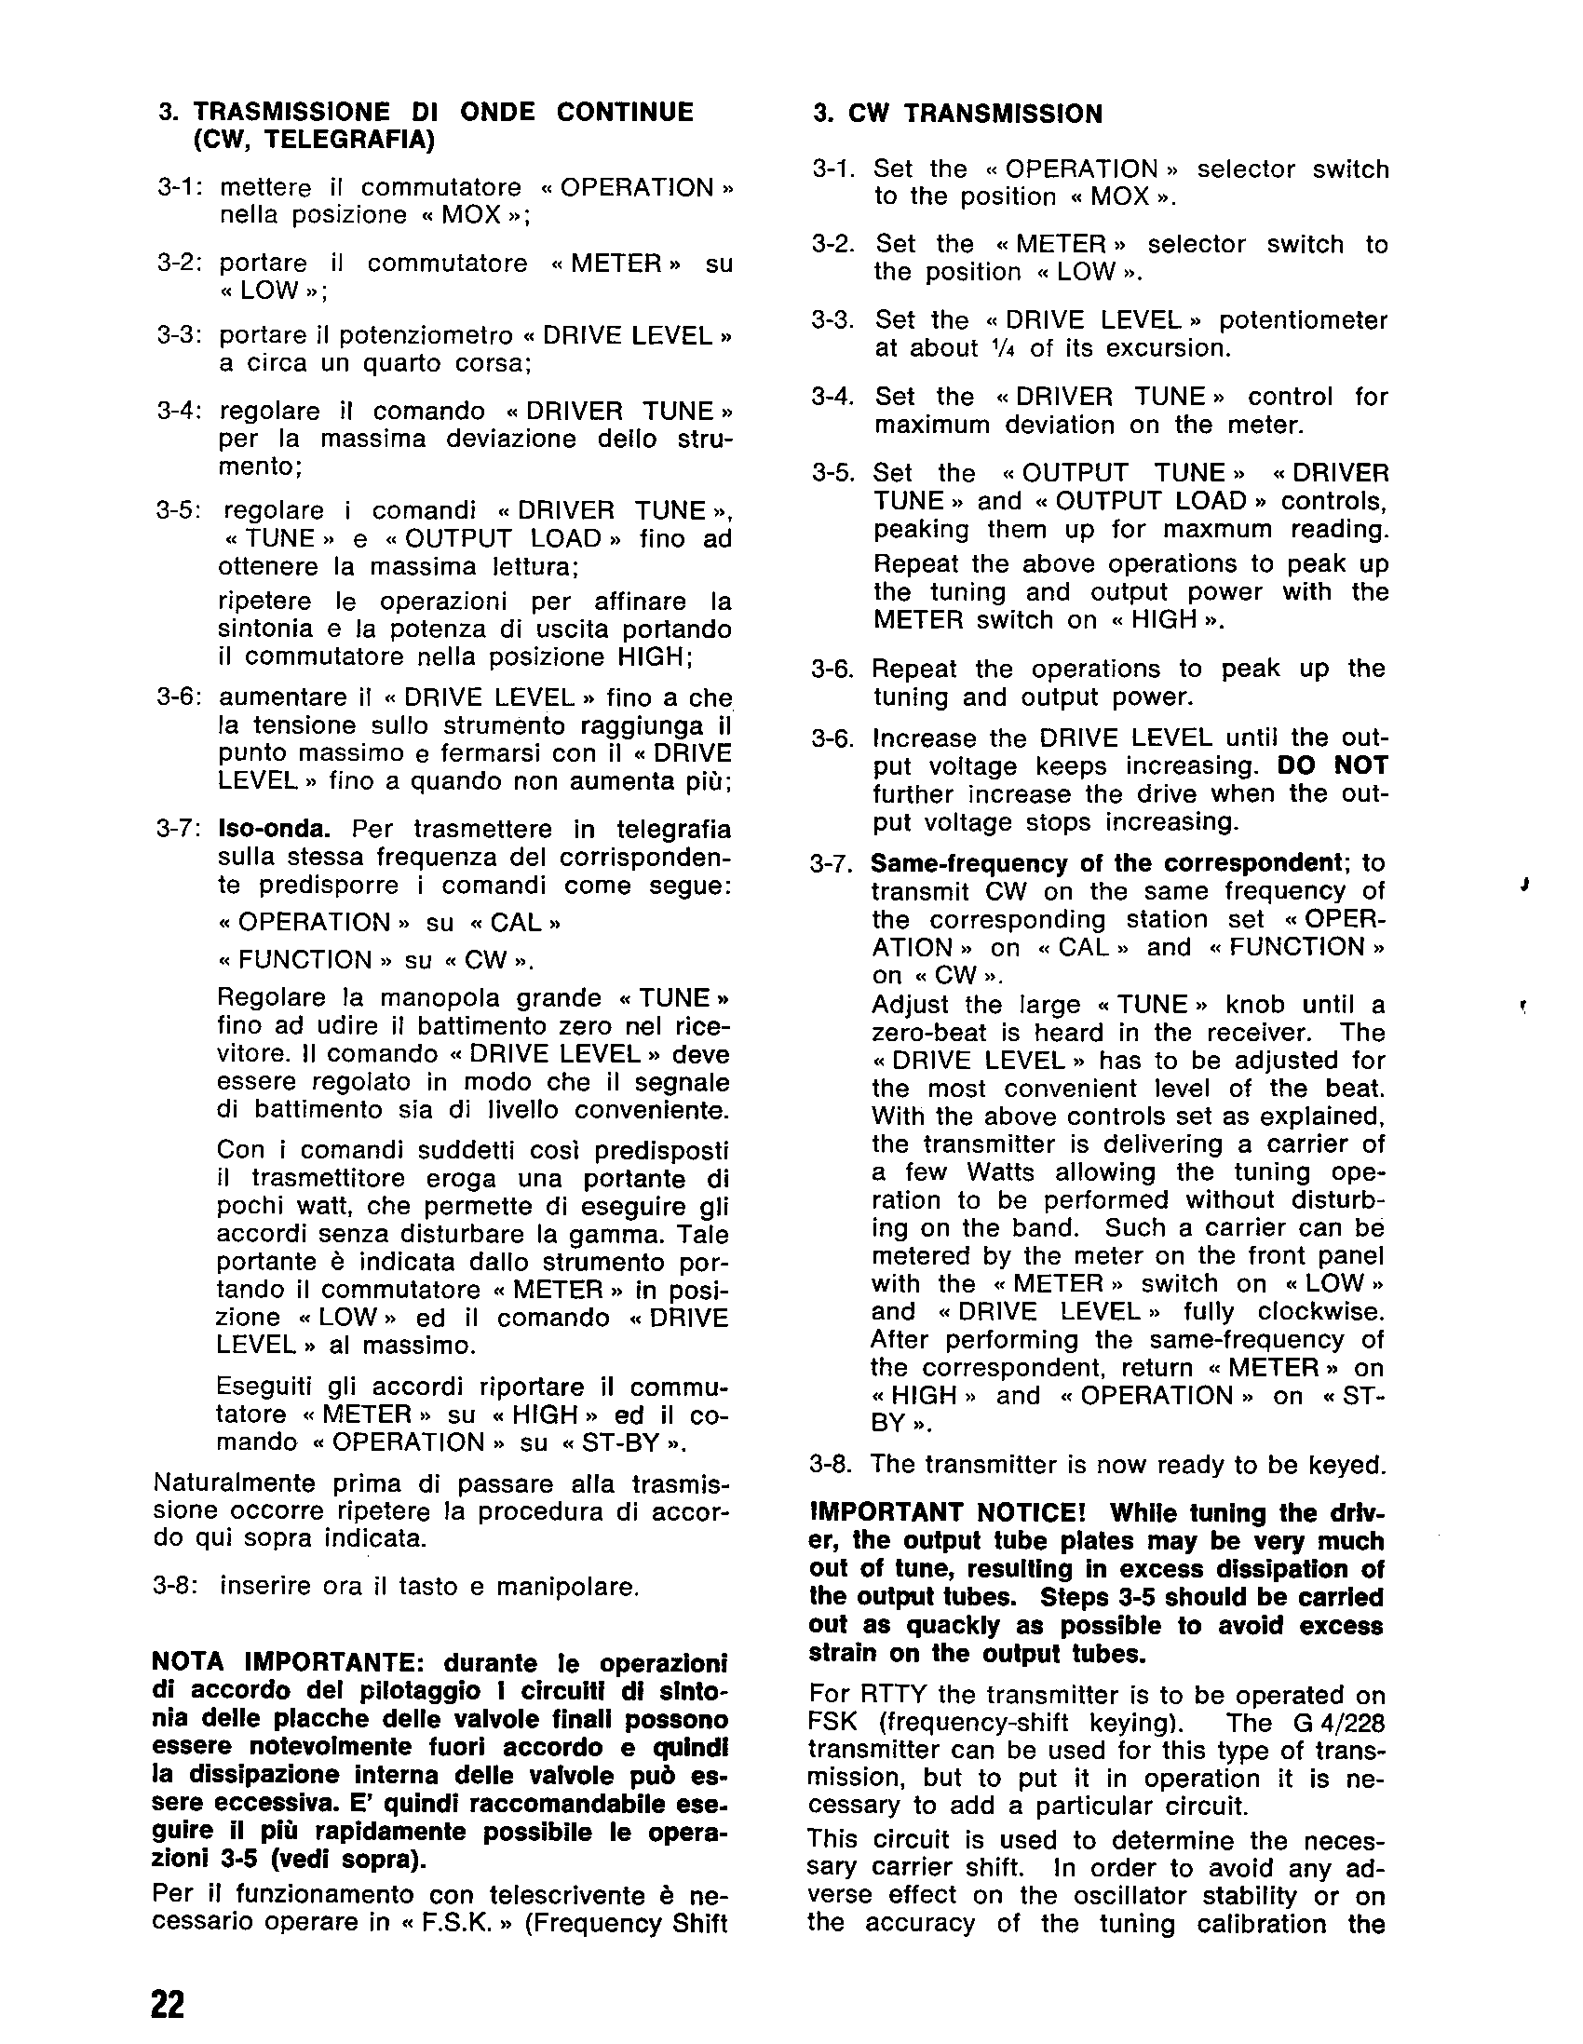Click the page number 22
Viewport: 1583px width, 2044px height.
[x=169, y=2004]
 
